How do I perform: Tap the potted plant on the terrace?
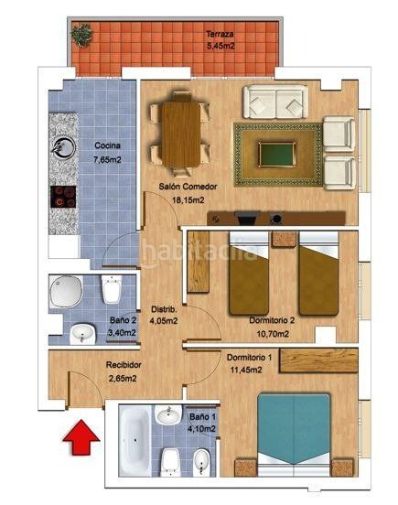tap(83, 36)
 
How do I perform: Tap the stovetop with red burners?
tap(62, 195)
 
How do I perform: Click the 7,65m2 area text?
tap(109, 159)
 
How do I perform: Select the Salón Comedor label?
tap(180, 187)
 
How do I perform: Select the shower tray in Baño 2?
tap(67, 293)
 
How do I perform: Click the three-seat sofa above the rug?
tap(274, 98)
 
